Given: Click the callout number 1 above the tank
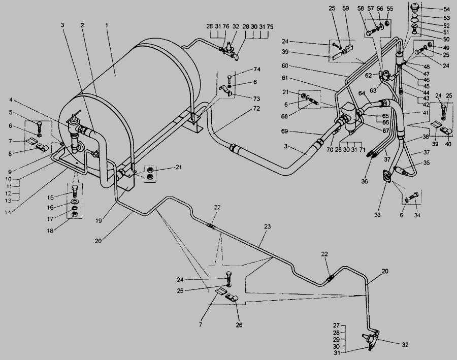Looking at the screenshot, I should click(107, 24).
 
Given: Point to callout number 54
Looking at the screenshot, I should click(447, 9).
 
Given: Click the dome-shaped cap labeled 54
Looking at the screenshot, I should click(414, 8).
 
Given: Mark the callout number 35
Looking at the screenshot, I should click(426, 163).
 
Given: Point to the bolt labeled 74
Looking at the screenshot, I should click(230, 78).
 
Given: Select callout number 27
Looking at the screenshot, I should click(336, 325).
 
